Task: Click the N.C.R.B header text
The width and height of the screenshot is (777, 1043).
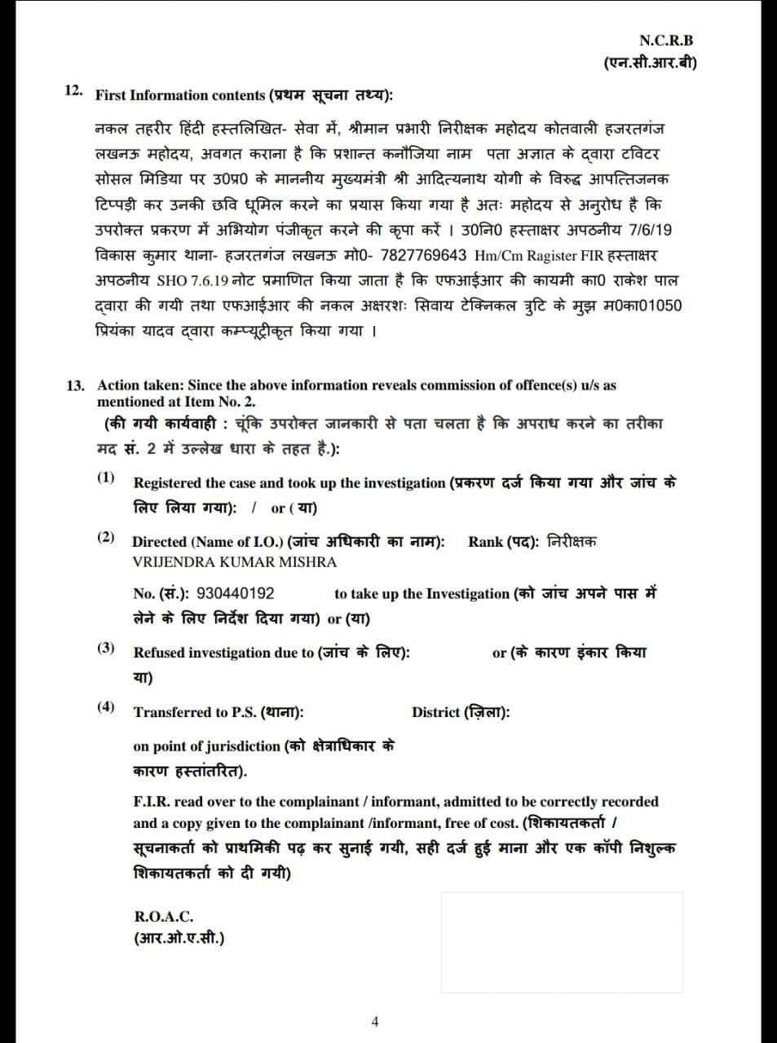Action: (x=666, y=40)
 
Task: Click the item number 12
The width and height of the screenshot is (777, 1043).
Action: (x=73, y=90)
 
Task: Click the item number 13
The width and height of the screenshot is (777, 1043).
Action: (x=76, y=385)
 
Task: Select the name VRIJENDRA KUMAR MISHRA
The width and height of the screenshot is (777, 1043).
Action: (x=234, y=561)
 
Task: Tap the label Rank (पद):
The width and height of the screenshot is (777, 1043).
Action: (x=503, y=542)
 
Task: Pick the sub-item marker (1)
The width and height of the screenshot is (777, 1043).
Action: (x=106, y=477)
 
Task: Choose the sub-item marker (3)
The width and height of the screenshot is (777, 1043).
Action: (x=106, y=648)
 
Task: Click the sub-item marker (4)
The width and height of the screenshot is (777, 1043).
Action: (x=106, y=706)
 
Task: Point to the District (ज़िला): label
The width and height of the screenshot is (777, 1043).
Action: (x=461, y=712)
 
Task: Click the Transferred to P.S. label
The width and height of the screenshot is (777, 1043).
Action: (x=196, y=712)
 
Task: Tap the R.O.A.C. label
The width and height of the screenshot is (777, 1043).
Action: (x=163, y=916)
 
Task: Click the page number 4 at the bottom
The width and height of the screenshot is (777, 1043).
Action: (x=375, y=1021)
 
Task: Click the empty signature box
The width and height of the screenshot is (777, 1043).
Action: (x=562, y=942)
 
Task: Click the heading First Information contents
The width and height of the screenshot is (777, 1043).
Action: (x=180, y=95)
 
